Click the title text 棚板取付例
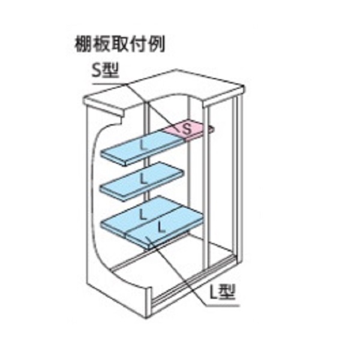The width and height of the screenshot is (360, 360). coord(119,44)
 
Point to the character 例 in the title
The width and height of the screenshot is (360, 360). coord(157,44)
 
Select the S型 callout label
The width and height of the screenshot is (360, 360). coord(105,70)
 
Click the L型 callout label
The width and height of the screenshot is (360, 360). coord(223,292)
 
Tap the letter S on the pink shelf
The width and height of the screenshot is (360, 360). coord(187,129)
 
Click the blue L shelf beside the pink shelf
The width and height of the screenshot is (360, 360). coord(143,147)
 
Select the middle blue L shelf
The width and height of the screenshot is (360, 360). coord(142,181)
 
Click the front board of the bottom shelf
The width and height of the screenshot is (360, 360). coord(165,230)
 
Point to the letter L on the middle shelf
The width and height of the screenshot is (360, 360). coord(143,179)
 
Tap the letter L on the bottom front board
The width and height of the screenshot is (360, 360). coord(161,227)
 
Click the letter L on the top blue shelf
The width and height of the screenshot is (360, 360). coord(143,145)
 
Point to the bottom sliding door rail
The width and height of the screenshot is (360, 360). coord(193,280)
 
